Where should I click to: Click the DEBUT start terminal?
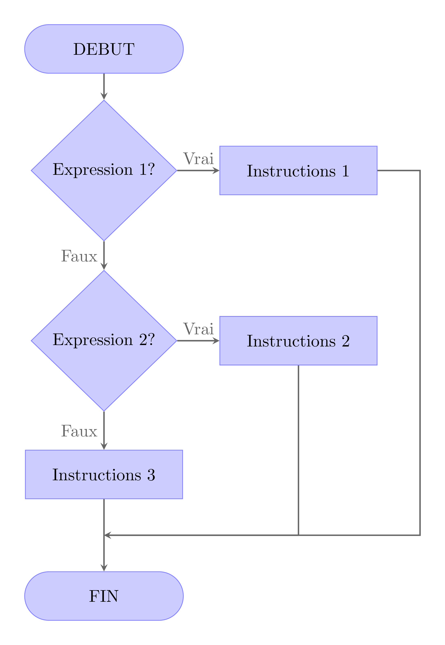click(x=104, y=49)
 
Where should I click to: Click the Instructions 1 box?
click(x=298, y=170)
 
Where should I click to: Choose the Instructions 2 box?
click(x=298, y=341)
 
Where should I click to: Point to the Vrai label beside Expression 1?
click(x=198, y=159)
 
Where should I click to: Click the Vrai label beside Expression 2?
click(x=198, y=329)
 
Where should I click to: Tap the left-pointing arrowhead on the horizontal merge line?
click(x=108, y=535)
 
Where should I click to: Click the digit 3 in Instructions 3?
click(x=151, y=475)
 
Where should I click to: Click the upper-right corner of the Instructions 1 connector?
click(x=420, y=170)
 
